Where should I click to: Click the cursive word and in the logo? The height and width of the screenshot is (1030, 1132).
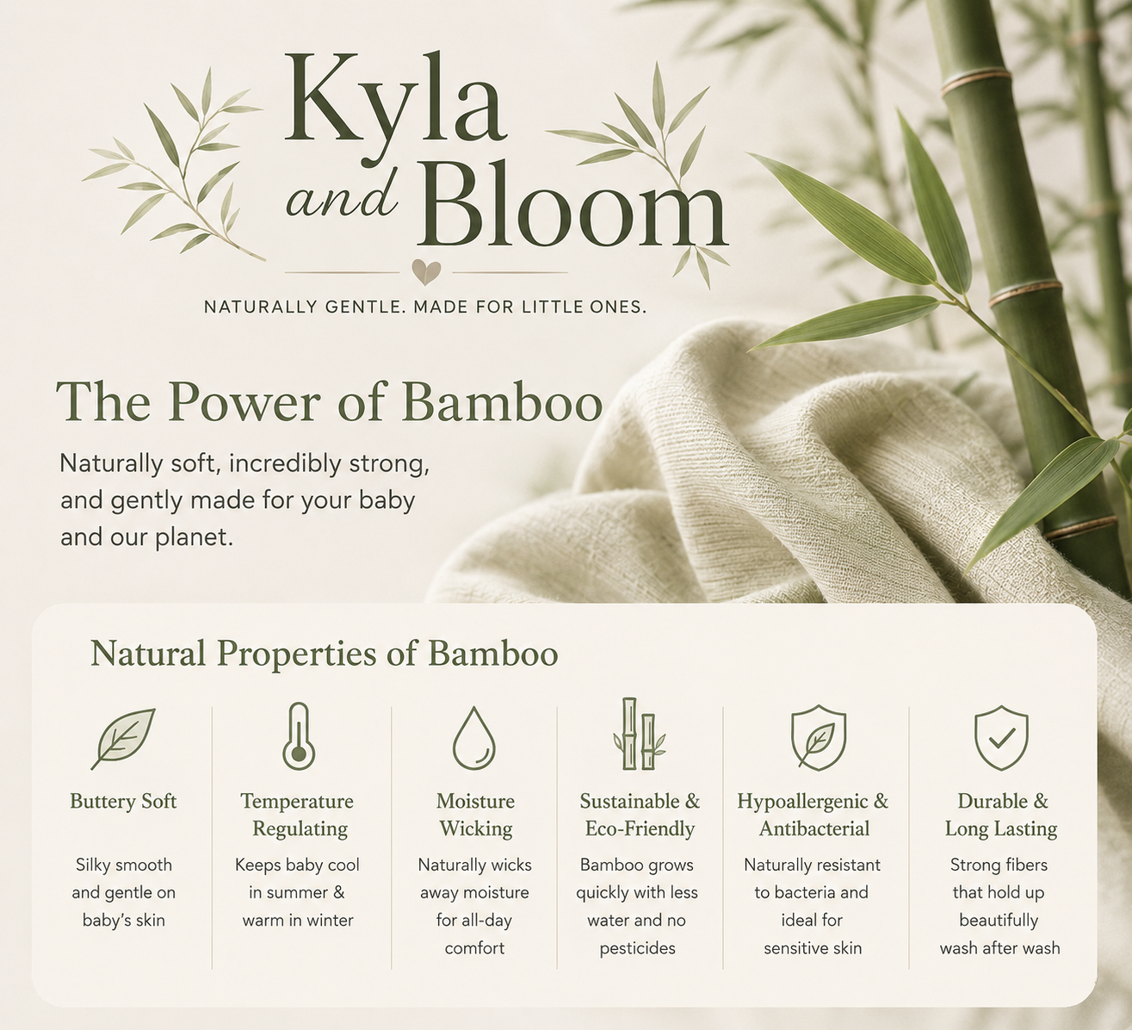tap(340, 199)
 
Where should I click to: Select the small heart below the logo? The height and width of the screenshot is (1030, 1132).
tap(426, 272)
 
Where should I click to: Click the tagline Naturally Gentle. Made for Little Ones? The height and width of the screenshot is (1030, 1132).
tap(425, 307)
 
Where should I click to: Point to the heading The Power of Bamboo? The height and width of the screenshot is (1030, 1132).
tap(330, 402)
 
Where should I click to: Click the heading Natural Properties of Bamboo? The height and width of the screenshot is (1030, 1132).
tap(324, 654)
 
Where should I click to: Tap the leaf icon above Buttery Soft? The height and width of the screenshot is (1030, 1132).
tap(123, 739)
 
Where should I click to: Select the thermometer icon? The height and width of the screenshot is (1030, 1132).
tap(299, 736)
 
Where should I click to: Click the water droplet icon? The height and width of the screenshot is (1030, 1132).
tap(474, 738)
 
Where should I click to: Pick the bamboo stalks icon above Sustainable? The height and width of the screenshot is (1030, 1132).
tap(640, 734)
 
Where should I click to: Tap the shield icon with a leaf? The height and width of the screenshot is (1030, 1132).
tap(819, 737)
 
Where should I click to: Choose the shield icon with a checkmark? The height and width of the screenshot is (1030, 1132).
tap(1002, 737)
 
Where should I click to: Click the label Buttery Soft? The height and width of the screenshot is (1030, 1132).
tap(123, 801)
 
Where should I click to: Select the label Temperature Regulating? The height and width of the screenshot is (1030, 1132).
tap(297, 815)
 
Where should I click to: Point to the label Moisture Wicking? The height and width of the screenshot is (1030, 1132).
tap(475, 815)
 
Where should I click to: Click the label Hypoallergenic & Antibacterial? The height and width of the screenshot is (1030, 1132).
tap(813, 815)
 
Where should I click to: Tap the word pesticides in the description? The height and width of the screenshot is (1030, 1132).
tap(637, 948)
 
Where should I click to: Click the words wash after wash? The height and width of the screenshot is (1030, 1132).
tap(999, 947)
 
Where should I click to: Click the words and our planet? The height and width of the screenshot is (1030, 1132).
tap(146, 537)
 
